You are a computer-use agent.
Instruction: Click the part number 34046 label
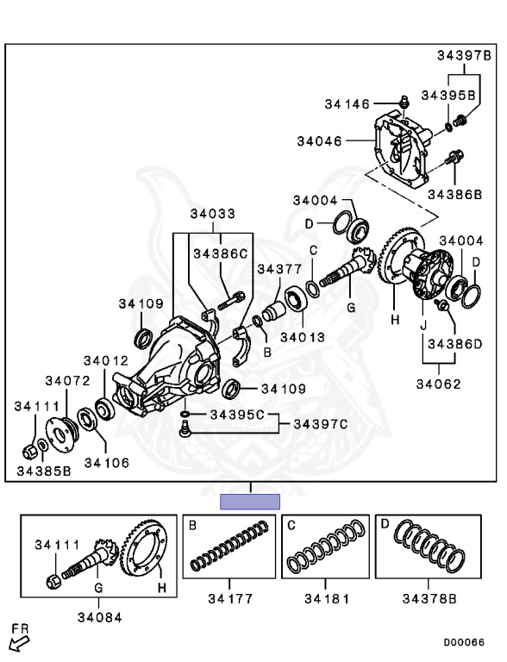(x=319, y=141)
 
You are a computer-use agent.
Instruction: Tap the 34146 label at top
(x=347, y=103)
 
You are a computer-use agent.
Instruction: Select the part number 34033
(x=212, y=214)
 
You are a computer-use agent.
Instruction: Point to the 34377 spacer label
(x=279, y=269)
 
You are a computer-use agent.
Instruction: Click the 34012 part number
(x=105, y=360)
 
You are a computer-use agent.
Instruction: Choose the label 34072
(x=67, y=381)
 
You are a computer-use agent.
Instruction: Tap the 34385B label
(x=44, y=471)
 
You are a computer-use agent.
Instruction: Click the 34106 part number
(x=106, y=463)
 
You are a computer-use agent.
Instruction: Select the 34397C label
(x=320, y=423)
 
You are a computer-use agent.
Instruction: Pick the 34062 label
(x=438, y=384)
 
